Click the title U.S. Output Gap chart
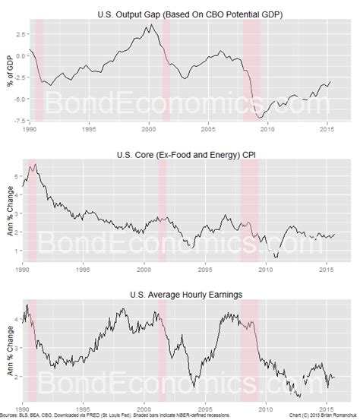point(190,14)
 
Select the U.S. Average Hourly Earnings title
point(190,293)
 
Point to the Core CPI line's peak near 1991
point(33,165)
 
